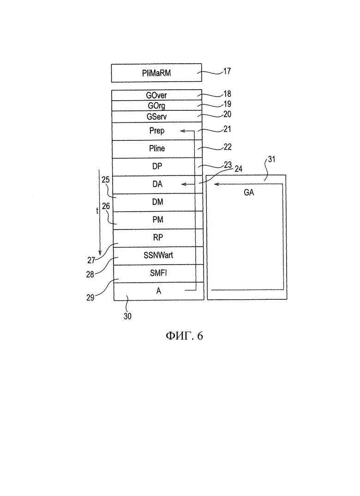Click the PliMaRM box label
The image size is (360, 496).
coord(156,73)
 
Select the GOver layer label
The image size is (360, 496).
coord(156,95)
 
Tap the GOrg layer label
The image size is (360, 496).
coord(156,106)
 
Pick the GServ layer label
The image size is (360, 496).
coord(156,116)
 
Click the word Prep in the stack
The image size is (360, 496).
coord(157,131)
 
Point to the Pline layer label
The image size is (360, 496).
coord(157,148)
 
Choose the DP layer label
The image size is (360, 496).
coord(157,166)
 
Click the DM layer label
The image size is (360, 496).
coord(158,202)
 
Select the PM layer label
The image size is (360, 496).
coord(158,219)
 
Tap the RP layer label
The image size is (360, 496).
coord(158,237)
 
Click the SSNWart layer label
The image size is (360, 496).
coord(158,255)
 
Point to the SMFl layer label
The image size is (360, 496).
coord(158,272)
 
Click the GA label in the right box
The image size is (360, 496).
coord(249,192)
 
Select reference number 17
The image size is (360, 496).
coord(227,71)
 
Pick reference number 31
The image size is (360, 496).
coord(271,159)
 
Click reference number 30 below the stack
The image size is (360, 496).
coord(127,316)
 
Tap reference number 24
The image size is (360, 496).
coord(238,169)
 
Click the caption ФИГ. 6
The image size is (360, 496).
coord(184,336)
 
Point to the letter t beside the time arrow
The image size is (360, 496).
coord(97,210)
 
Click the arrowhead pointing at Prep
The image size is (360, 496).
coord(183,131)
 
